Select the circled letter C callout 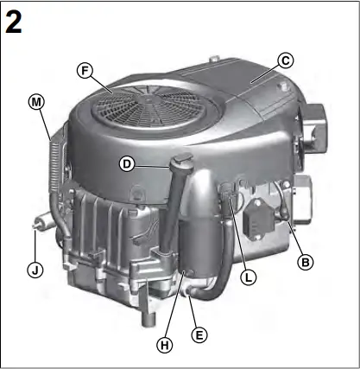click(x=286, y=60)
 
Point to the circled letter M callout click(x=35, y=101)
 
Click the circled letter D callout click(x=127, y=162)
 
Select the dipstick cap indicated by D click(x=182, y=160)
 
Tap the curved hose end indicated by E click(x=192, y=297)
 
